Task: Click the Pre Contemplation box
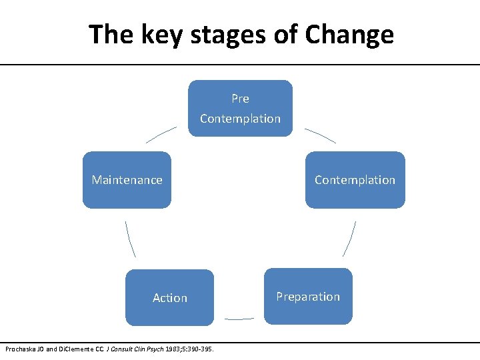point(240,108)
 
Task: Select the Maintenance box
point(127,180)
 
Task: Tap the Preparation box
point(308,297)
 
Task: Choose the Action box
point(170,298)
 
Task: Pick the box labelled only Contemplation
point(355,180)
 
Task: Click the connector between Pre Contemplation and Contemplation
point(321,135)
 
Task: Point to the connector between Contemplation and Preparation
point(350,239)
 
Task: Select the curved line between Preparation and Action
point(239,319)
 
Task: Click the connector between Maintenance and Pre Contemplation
point(161,135)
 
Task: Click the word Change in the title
point(350,35)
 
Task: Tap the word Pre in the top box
point(240,99)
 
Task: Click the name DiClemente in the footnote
point(73,349)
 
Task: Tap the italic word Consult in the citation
point(121,349)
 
